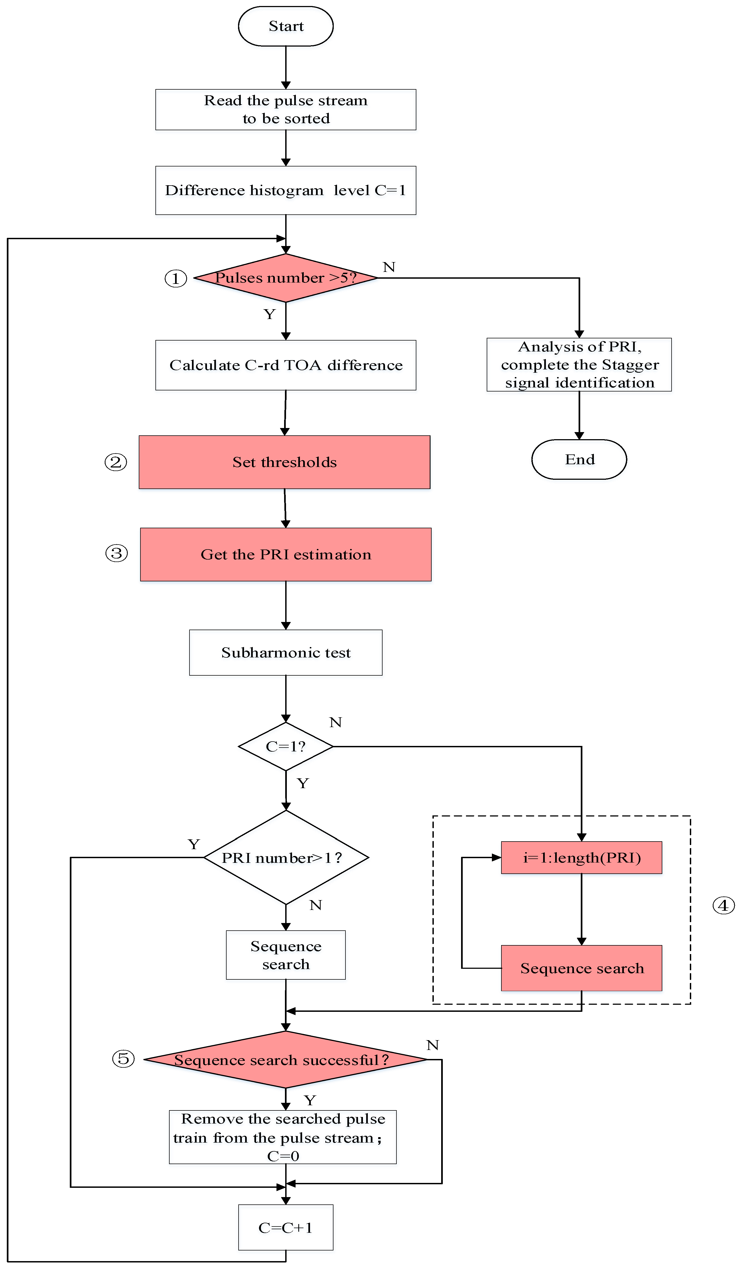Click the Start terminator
pos(285,26)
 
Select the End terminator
pos(579,459)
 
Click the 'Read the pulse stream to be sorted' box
pos(285,110)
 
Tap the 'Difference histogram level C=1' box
pos(285,190)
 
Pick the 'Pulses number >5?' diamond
pos(285,278)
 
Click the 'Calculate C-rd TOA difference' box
pos(285,365)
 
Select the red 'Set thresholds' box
pos(285,462)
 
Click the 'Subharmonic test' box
pos(285,652)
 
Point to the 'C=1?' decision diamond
pos(285,746)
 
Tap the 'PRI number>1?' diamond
pos(285,858)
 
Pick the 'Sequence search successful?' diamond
pos(285,1059)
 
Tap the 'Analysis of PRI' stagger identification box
pos(579,365)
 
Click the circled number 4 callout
pos(723,905)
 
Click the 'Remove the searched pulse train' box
pos(282,1137)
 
